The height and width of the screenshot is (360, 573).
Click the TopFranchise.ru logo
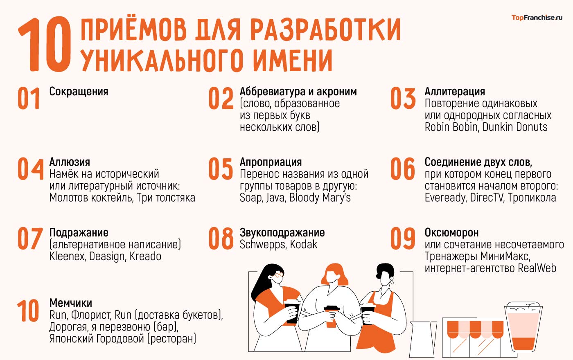(x=537, y=18)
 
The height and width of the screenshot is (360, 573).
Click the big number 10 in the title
(x=44, y=45)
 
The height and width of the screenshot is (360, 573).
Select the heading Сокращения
(x=79, y=92)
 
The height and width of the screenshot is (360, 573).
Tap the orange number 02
(x=221, y=99)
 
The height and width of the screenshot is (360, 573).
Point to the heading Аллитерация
(x=455, y=91)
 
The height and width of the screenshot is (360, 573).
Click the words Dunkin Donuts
(x=515, y=127)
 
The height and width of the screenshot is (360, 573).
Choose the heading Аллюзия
(x=70, y=162)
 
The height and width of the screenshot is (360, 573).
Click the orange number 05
(x=221, y=169)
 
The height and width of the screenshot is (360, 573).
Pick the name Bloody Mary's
(x=320, y=198)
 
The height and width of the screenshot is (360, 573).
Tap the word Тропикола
(x=532, y=198)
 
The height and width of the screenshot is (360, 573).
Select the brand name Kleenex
(x=67, y=256)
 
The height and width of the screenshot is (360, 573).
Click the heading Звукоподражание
(x=282, y=233)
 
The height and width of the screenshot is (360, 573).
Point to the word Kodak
(x=304, y=245)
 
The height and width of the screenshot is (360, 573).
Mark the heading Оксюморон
(x=451, y=233)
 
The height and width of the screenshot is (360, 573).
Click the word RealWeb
(x=537, y=268)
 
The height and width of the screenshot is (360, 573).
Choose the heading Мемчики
(x=70, y=303)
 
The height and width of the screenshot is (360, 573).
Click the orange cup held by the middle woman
(x=331, y=317)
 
